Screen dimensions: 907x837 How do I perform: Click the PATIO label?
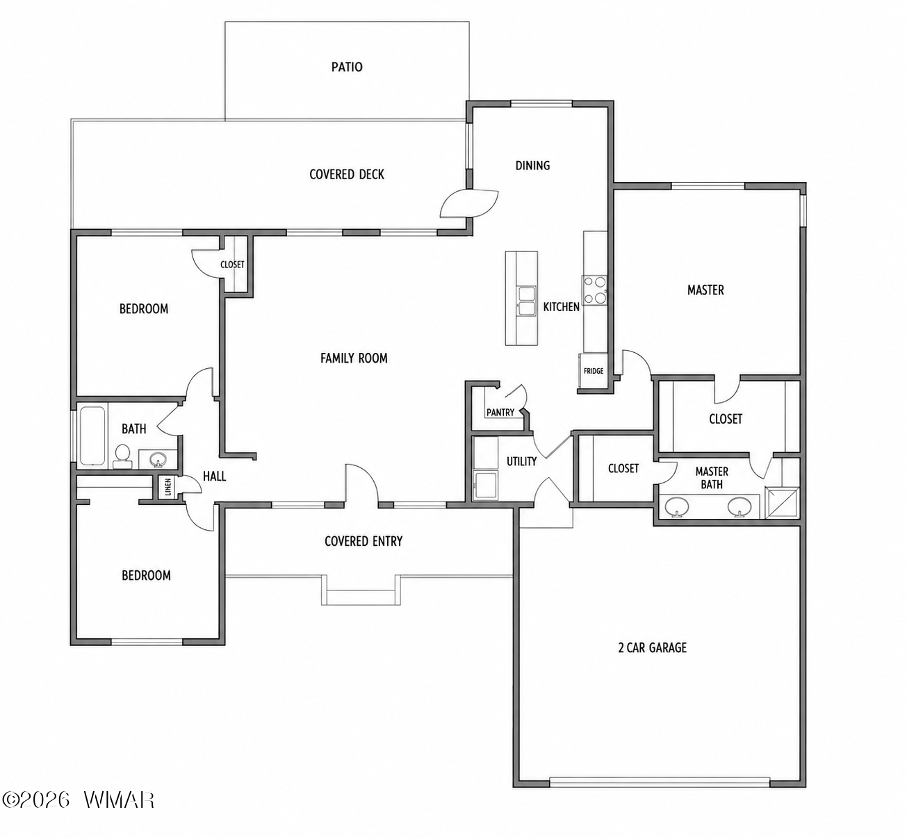tap(347, 67)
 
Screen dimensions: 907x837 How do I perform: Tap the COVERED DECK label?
tap(347, 174)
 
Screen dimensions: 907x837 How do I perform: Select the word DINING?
tap(532, 165)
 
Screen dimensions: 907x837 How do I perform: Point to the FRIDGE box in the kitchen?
tap(593, 371)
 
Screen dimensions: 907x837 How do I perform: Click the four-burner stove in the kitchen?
tap(594, 290)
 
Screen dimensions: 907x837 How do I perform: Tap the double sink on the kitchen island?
tap(527, 301)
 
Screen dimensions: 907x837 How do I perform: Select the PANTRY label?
tap(500, 413)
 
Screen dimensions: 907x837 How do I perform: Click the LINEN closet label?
tap(168, 487)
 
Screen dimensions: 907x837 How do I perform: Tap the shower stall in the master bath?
tap(783, 503)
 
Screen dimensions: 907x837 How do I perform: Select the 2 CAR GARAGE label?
tap(652, 647)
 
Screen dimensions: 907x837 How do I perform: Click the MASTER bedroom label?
tap(705, 290)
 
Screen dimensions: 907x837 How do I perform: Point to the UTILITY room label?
tap(521, 462)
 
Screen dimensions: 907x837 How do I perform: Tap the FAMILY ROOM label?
tap(354, 358)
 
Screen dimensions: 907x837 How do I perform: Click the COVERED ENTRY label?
tap(363, 541)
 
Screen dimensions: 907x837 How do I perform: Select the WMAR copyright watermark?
tap(78, 800)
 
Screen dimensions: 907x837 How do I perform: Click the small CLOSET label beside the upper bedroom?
tap(232, 265)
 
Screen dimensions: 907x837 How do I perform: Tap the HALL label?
tap(214, 476)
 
